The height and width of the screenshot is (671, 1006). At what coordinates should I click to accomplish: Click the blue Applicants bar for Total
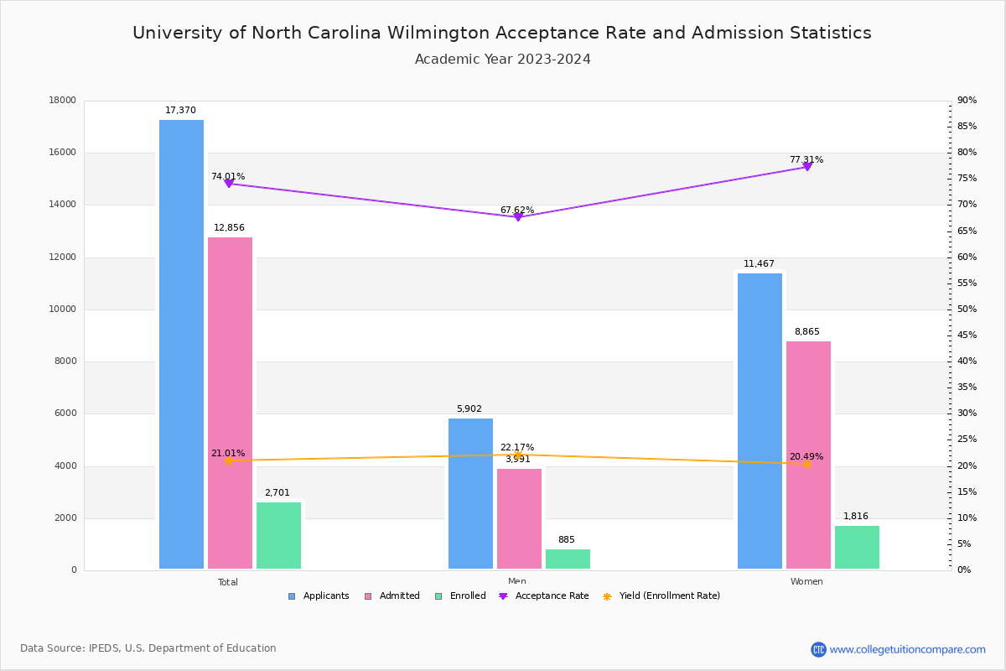[181, 344]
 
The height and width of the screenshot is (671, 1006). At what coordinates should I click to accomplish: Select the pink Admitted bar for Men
[519, 518]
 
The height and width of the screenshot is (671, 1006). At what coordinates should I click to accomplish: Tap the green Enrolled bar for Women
[857, 547]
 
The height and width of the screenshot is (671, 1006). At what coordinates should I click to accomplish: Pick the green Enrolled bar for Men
[568, 559]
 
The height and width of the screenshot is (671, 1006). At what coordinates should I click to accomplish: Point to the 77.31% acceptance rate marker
[807, 167]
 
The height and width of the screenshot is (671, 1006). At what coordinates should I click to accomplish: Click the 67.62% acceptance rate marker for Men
[518, 216]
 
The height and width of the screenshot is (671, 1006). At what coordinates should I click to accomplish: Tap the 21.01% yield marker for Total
[228, 460]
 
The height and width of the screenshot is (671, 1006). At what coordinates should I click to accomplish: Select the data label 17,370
[180, 111]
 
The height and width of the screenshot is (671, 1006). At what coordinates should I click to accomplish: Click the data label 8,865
[807, 332]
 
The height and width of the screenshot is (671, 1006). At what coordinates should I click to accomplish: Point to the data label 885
[567, 540]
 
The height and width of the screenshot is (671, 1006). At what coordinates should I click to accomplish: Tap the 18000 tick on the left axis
[63, 101]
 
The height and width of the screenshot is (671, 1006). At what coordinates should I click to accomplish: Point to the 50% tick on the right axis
[967, 309]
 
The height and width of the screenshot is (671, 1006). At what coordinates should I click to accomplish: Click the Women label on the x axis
[806, 582]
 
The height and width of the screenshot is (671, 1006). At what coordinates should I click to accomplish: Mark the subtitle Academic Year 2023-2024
[503, 60]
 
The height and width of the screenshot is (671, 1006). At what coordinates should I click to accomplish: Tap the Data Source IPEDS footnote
[148, 648]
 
